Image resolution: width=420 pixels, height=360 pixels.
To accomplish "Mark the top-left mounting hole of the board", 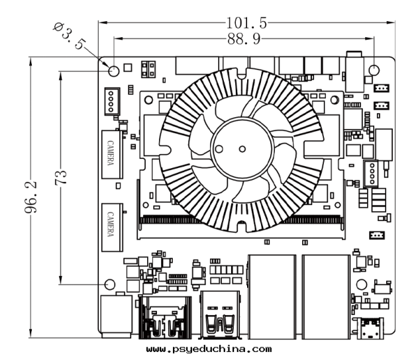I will tap(113, 70).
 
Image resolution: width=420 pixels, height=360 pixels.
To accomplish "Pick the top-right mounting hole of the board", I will tap(374, 69).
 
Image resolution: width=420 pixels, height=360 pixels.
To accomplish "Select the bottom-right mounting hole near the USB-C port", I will tap(362, 284).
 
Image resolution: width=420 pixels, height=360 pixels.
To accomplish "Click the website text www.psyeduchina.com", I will tap(208, 349).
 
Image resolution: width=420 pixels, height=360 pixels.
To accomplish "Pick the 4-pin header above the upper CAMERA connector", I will tap(111, 101).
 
